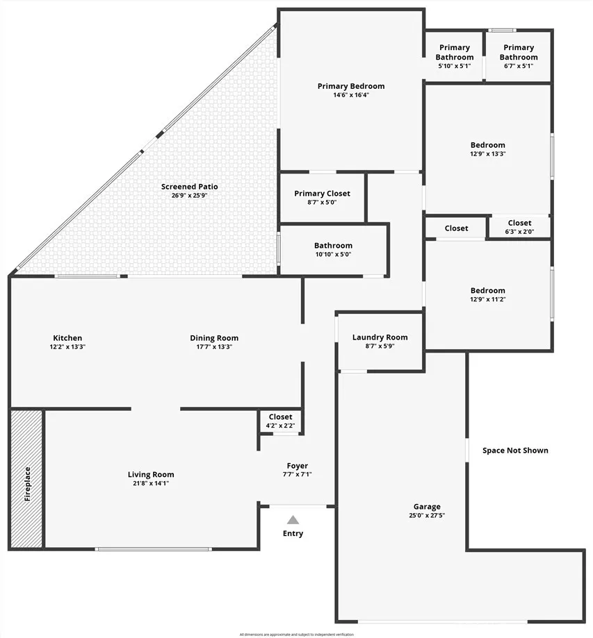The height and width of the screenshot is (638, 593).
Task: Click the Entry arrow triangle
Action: click(x=293, y=519)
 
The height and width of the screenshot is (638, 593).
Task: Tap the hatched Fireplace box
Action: click(x=27, y=479)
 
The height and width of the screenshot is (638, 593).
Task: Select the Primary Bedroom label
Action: click(x=350, y=86)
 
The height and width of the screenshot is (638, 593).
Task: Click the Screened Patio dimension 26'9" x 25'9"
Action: click(x=189, y=196)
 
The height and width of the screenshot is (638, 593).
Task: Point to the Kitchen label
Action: click(x=67, y=338)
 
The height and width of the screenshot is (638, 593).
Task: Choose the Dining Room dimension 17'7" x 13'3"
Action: click(x=214, y=346)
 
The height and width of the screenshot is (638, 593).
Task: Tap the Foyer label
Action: click(x=297, y=466)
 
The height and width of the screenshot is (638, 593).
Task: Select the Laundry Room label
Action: click(x=380, y=337)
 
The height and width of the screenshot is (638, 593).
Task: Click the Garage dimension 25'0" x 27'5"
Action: click(x=426, y=516)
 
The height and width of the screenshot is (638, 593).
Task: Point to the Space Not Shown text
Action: click(x=515, y=451)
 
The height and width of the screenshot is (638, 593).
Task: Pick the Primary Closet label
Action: click(x=322, y=194)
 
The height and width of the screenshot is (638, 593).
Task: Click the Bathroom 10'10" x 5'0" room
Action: click(x=333, y=250)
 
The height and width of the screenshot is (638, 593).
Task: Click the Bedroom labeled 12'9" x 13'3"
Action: click(x=487, y=149)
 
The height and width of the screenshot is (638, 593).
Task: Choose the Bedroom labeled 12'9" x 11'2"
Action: click(x=487, y=295)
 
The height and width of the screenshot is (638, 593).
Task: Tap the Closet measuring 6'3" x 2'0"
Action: click(x=519, y=228)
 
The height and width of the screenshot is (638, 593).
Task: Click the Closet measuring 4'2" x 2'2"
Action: click(x=280, y=421)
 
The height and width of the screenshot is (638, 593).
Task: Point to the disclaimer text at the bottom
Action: click(x=296, y=635)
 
